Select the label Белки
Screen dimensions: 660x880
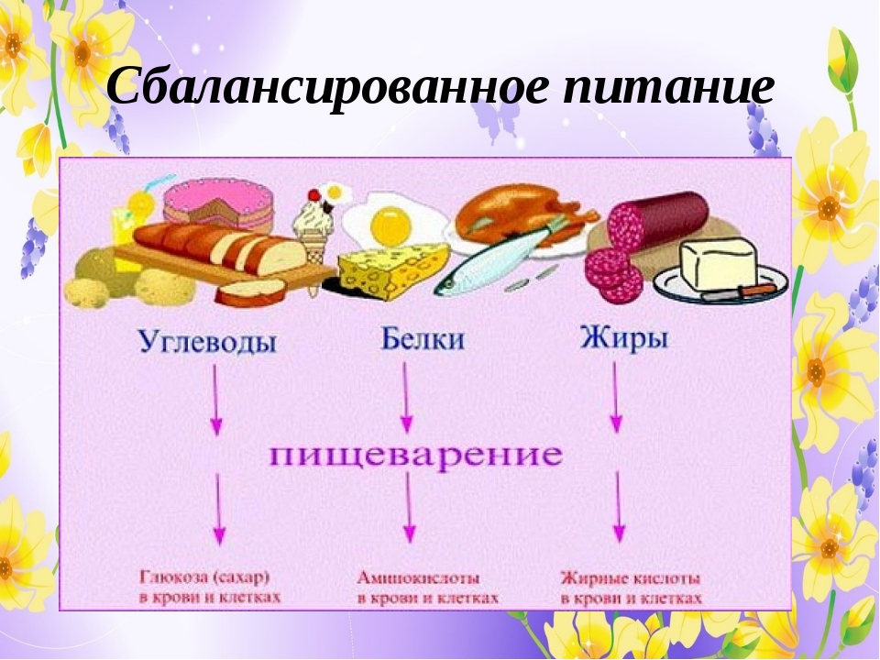[423, 340]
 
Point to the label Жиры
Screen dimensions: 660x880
[624, 339]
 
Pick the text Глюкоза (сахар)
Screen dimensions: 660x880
[209, 578]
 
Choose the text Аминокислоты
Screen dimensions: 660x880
[417, 578]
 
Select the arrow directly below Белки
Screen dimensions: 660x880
[405, 394]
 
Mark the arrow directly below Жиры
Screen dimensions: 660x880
[615, 394]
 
